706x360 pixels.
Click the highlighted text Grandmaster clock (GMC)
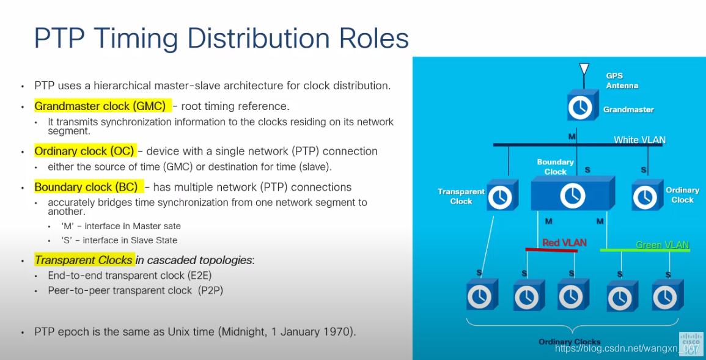[x=100, y=106]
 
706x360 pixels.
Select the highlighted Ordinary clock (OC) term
[x=84, y=151]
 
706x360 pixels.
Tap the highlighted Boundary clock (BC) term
[x=86, y=187]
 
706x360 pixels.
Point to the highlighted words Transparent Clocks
[x=83, y=260]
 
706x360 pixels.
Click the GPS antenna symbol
[x=584, y=71]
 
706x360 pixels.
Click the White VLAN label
[x=639, y=140]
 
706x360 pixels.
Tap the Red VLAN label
[x=564, y=243]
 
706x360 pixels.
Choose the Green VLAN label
[x=662, y=245]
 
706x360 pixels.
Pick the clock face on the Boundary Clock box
[x=572, y=196]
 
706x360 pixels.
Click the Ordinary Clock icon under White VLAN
[x=645, y=196]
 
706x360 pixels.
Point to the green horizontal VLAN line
[x=644, y=249]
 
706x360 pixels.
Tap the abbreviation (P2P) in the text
[x=210, y=290]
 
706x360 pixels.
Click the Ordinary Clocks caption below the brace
[x=569, y=342]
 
